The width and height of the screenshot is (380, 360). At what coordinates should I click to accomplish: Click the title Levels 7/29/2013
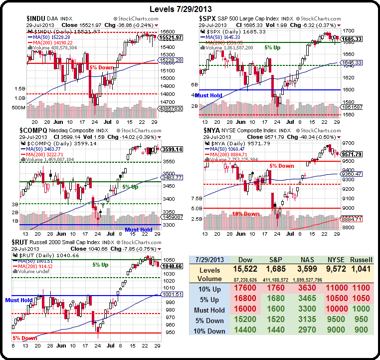click(x=190, y=9)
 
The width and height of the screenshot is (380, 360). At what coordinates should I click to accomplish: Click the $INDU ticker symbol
click(x=37, y=18)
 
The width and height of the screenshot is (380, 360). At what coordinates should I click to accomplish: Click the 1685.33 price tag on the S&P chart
click(x=352, y=38)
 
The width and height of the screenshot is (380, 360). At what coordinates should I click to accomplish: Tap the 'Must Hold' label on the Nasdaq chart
click(x=139, y=230)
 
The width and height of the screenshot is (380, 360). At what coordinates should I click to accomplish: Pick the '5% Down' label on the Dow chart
click(x=101, y=66)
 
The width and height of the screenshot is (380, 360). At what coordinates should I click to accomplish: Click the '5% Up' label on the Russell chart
click(x=101, y=265)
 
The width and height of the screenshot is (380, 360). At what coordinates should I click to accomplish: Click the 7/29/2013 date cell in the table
click(x=209, y=260)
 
